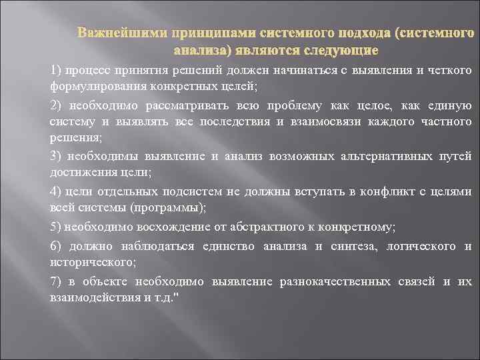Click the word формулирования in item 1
click(89, 86)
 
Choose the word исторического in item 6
click(89, 263)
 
